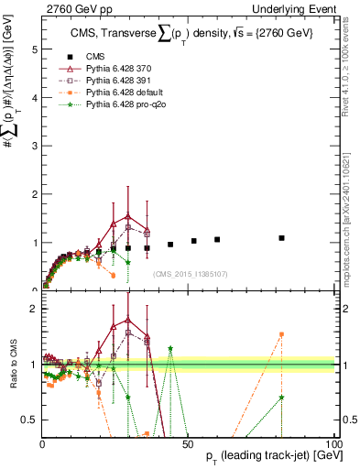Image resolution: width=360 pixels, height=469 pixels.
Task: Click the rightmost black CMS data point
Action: [x=282, y=238]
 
